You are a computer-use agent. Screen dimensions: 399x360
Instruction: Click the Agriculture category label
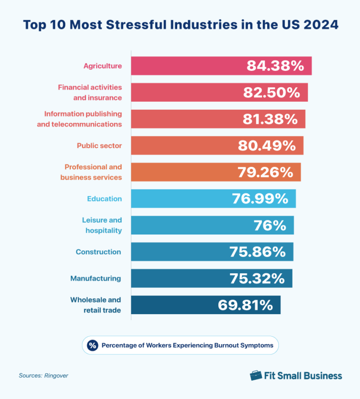[103, 66]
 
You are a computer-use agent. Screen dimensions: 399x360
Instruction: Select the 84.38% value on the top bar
[276, 66]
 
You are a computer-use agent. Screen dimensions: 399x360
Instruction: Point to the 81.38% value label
[270, 119]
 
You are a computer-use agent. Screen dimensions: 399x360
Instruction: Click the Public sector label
[99, 146]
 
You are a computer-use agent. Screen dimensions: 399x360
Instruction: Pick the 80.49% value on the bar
[267, 146]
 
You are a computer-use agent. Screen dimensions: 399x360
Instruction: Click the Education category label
[104, 199]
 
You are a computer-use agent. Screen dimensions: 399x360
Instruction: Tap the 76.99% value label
[260, 199]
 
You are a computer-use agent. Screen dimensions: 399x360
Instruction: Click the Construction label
[98, 252]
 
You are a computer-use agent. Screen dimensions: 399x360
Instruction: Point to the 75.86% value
[257, 252]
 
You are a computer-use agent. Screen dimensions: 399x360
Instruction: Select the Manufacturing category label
[96, 279]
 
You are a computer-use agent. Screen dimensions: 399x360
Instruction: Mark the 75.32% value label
[257, 279]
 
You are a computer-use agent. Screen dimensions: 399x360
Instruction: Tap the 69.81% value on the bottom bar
[245, 305]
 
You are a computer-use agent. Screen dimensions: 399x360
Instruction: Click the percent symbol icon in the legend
[92, 346]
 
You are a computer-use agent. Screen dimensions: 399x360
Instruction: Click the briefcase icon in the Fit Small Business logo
[256, 376]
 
